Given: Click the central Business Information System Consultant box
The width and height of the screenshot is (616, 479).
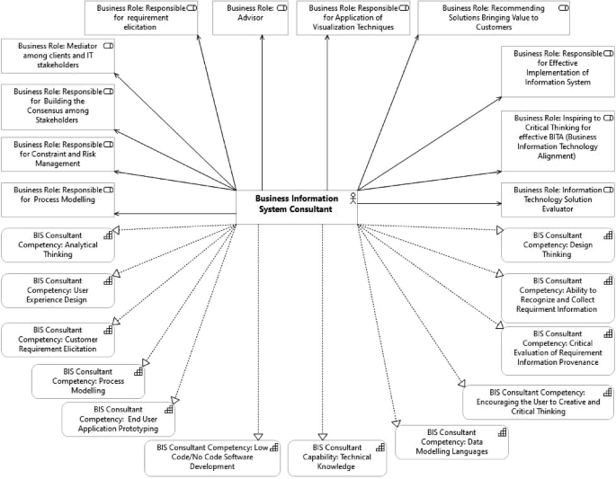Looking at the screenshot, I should pos(297,204).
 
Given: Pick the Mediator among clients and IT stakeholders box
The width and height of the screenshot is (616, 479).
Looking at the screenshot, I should pos(58,55).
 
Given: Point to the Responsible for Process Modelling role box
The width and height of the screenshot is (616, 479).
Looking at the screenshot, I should pos(58,198).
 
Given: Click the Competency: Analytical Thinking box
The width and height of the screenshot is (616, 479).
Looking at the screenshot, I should pos(58,244).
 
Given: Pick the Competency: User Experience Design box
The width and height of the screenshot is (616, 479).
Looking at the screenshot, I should pos(58,290).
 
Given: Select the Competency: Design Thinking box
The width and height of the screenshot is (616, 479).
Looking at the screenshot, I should pos(558,244).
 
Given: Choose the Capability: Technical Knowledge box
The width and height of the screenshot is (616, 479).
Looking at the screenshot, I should pos(337,457).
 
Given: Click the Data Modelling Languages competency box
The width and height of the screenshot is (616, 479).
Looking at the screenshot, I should pos(451,442).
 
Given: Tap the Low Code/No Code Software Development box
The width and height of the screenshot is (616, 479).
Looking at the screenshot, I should pos(212,457).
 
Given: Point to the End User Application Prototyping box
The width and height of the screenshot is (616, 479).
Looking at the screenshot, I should pos(118,419).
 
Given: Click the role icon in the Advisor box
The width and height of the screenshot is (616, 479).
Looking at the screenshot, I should pos(281,8).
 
